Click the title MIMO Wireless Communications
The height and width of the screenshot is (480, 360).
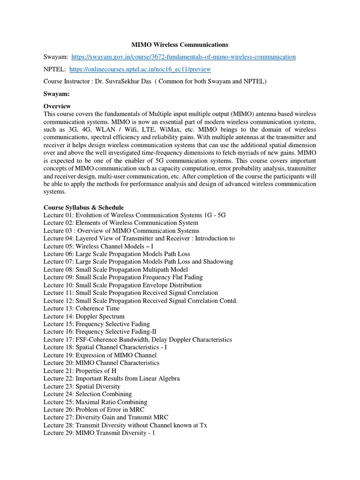(180, 45)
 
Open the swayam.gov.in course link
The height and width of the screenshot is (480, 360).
(183, 57)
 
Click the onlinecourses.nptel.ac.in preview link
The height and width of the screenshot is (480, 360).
(140, 69)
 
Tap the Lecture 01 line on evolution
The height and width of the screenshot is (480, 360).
(135, 215)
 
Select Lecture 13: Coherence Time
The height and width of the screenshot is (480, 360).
(82, 308)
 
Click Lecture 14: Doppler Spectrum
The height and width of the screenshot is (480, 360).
(84, 316)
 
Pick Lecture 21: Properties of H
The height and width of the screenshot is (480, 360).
(80, 371)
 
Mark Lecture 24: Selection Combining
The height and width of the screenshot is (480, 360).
(88, 394)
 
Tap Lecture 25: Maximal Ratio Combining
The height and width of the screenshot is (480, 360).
(95, 402)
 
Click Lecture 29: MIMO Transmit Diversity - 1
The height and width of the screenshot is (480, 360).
(99, 433)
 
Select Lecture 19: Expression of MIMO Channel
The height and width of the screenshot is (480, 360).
(100, 355)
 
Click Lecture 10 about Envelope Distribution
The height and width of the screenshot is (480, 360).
(122, 285)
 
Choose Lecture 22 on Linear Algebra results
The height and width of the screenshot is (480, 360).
(112, 379)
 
